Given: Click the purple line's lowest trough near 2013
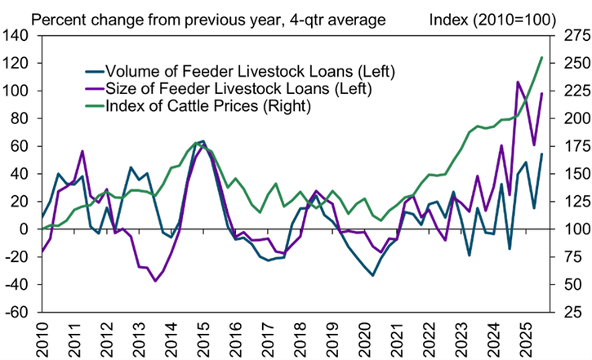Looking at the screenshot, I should pos(155,281).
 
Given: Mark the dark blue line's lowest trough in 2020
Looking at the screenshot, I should pos(373,275).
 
